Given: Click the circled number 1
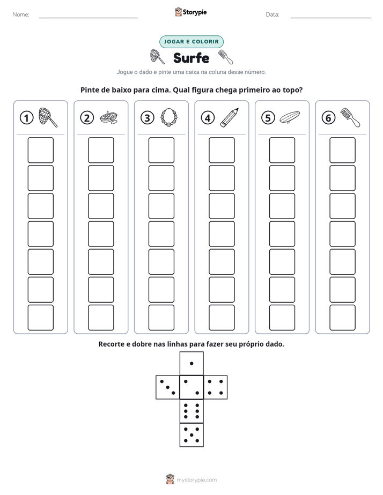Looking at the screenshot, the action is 26,118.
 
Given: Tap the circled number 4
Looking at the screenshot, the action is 208,118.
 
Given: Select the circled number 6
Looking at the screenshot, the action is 328,118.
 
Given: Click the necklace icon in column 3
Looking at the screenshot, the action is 169,118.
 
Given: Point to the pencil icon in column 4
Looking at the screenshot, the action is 230,118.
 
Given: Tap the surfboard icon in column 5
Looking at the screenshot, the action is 290,117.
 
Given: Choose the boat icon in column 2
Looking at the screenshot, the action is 109,117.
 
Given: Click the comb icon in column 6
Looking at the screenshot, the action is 350,118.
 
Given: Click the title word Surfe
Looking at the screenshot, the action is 191,58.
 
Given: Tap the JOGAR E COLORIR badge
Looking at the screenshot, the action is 191,42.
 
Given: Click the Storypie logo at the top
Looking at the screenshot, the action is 190,12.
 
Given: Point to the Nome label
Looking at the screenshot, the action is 21,14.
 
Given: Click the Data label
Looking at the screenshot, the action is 272,14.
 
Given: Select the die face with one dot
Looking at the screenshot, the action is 191,363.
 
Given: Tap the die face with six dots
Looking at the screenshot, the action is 191,411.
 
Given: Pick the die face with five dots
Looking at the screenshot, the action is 191,435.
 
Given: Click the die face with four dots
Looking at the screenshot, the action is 216,387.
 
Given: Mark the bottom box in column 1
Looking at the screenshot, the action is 40,318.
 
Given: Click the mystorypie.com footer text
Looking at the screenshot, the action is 196,480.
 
